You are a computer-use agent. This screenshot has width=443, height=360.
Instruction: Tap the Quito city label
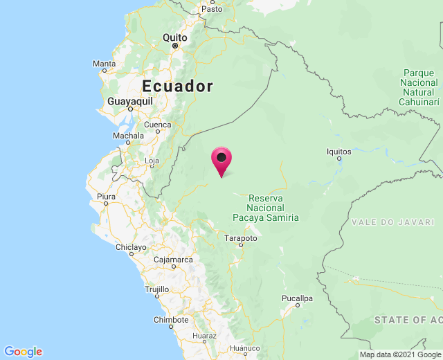coord(175,37)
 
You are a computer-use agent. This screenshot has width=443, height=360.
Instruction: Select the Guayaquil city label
coord(130,101)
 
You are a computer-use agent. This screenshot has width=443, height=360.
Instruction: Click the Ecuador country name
coord(177,86)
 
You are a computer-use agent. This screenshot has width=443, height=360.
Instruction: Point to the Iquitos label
coord(338,152)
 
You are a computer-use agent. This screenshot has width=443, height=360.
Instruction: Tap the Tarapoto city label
coord(241,238)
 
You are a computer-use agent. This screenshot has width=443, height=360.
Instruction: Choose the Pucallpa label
coord(298,298)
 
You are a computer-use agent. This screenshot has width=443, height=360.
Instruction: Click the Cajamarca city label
coord(173,260)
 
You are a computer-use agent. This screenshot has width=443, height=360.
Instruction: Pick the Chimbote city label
coord(170,320)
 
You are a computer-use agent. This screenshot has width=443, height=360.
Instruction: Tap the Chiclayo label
coord(131,247)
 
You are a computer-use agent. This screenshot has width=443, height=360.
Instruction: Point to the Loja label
coord(152,161)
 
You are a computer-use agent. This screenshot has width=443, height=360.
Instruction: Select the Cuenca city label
coord(157,125)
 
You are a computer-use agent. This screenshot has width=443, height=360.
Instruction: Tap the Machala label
coord(128,136)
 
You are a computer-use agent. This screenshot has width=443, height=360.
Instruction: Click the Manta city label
coord(104,64)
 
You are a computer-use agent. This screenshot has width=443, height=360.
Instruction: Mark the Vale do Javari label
coord(392,222)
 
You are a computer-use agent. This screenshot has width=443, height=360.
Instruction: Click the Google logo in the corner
coord(23,352)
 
